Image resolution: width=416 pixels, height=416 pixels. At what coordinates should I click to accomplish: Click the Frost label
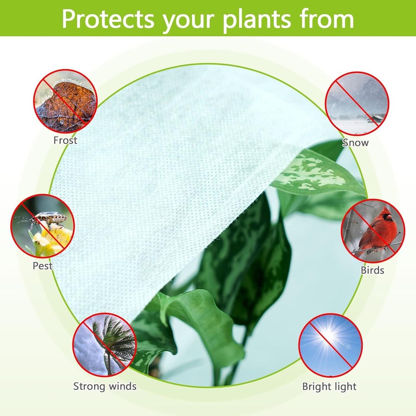[x=65, y=140]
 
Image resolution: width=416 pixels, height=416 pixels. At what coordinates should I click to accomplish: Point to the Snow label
[x=356, y=143]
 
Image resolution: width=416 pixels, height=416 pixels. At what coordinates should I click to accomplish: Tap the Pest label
[x=42, y=266]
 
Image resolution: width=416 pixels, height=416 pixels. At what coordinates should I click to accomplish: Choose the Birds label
[x=373, y=270]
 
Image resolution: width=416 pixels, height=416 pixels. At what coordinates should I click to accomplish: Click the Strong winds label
[x=105, y=386]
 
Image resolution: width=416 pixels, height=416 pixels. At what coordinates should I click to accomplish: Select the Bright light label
[x=329, y=387]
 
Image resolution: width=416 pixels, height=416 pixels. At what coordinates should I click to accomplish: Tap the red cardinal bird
[x=377, y=231]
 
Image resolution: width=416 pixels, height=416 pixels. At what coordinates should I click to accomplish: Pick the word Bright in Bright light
[x=316, y=387]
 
